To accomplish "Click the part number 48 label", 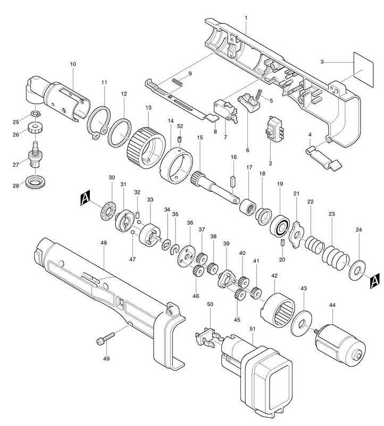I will tap(104, 242).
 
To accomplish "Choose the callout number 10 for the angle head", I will tap(73, 64).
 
